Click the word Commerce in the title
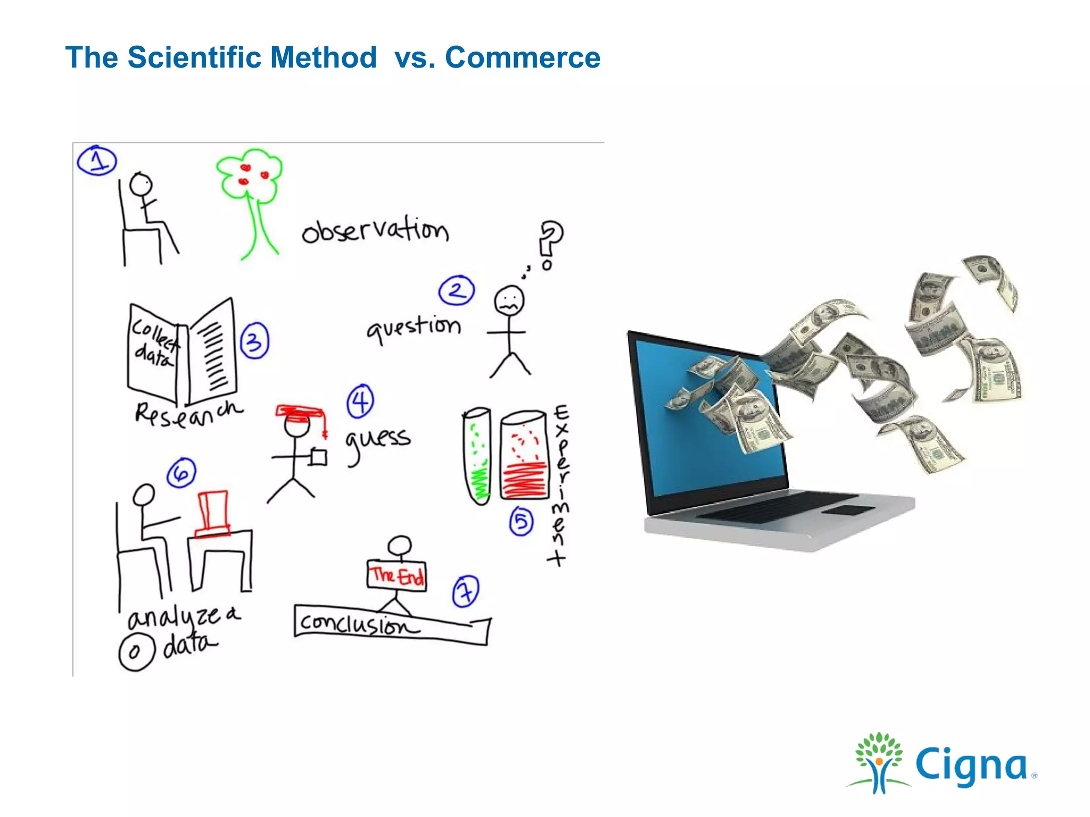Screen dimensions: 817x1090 (x=522, y=57)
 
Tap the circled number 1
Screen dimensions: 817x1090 (x=97, y=160)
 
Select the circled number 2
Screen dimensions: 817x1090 (x=457, y=290)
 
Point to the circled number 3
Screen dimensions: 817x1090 (x=254, y=341)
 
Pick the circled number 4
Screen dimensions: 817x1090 (x=360, y=401)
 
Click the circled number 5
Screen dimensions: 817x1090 (x=521, y=522)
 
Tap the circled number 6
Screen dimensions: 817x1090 (x=181, y=473)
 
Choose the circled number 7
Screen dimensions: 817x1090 (x=466, y=591)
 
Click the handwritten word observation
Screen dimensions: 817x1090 (x=375, y=231)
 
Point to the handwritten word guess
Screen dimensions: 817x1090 (x=378, y=440)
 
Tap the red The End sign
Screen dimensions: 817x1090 (x=397, y=575)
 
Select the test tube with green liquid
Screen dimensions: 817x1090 (x=477, y=456)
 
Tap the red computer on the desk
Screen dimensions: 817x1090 (x=213, y=513)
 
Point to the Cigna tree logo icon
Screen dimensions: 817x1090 (x=879, y=762)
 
